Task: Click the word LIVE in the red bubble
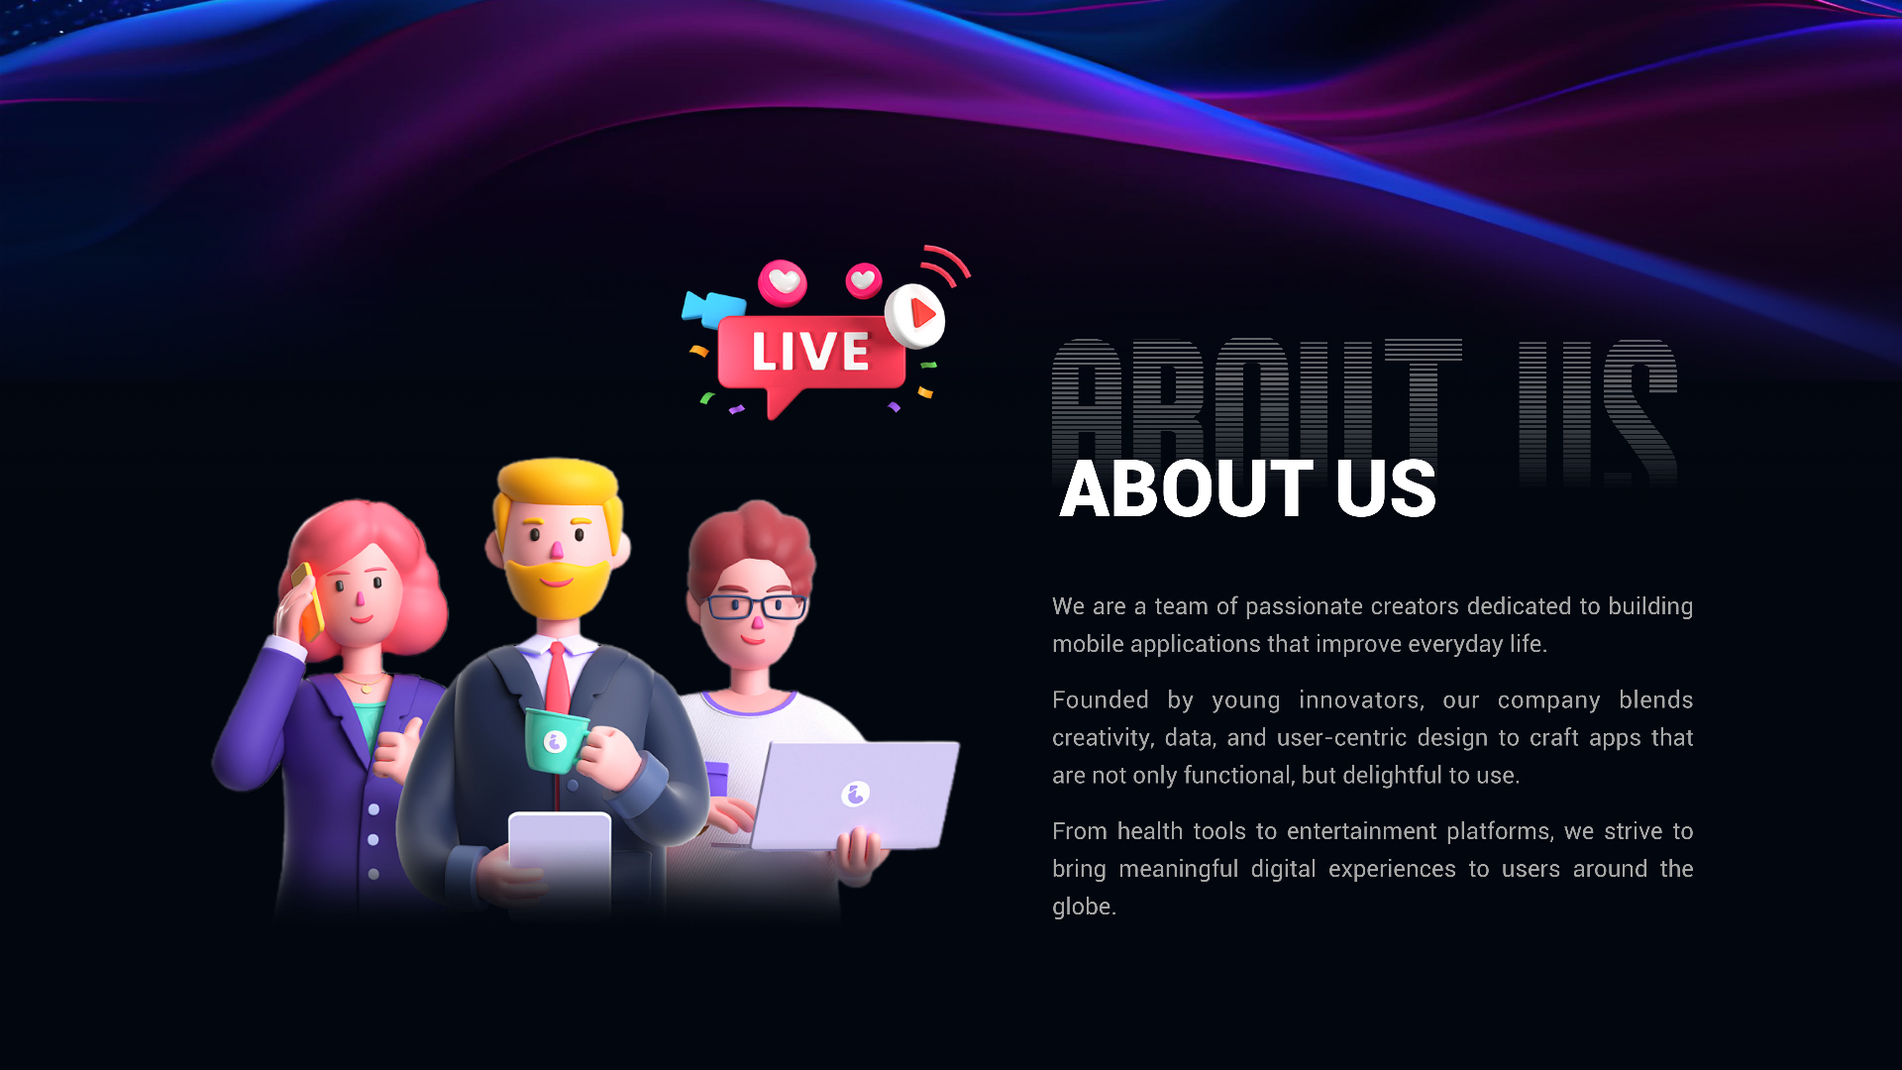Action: [x=810, y=352]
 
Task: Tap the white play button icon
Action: [x=914, y=316]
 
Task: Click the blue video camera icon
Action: [x=713, y=308]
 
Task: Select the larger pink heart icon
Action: [x=783, y=282]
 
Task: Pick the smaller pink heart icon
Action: [x=864, y=280]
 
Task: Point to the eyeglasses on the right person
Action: [x=756, y=605]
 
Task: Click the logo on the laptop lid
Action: [x=856, y=793]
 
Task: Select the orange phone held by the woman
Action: [x=308, y=600]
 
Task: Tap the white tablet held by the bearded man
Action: [x=560, y=856]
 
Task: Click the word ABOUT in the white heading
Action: [x=1187, y=488]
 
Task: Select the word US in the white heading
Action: [x=1386, y=488]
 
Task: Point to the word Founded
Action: [x=1101, y=699]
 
